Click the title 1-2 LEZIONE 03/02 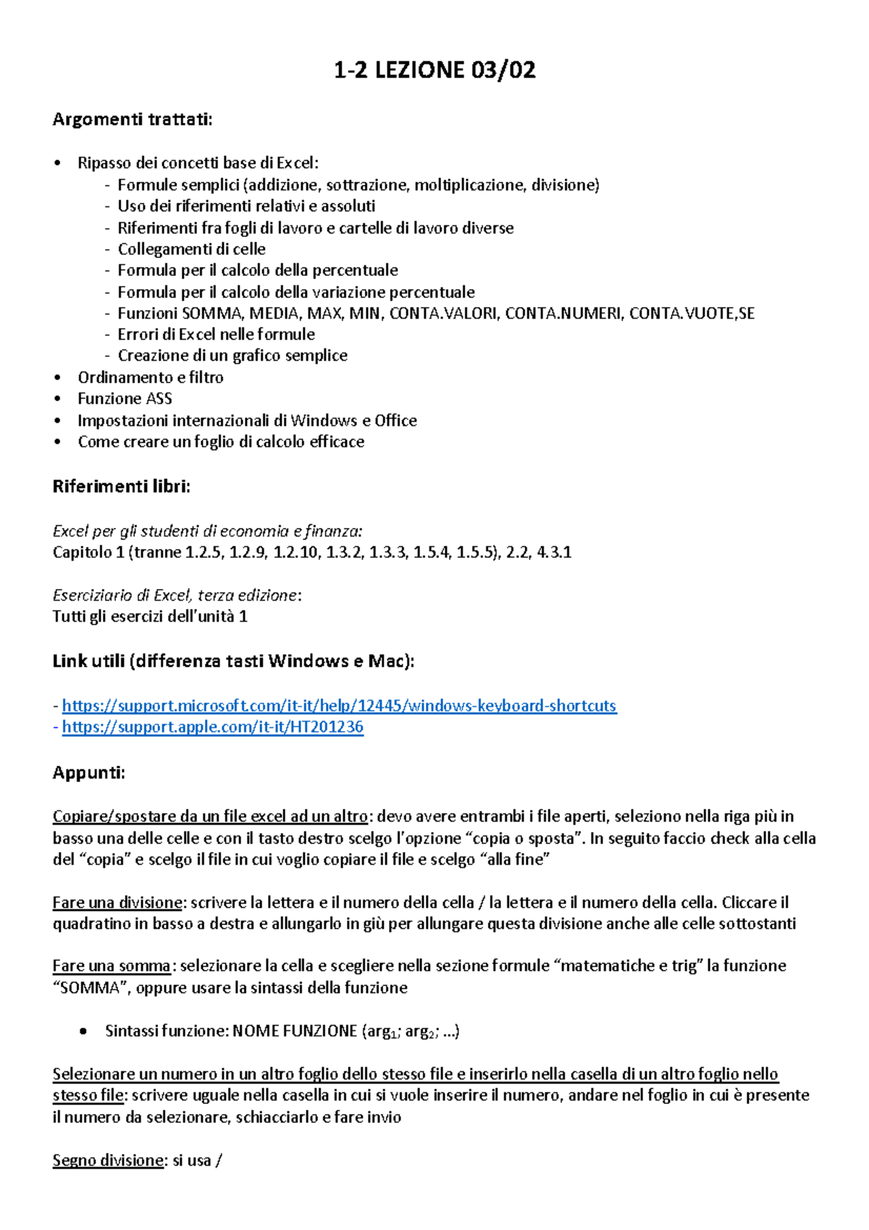click(434, 70)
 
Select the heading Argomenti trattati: click(133, 120)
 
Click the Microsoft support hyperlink click(339, 706)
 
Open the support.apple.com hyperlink click(213, 727)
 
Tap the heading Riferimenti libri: click(121, 487)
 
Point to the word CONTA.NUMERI click(563, 314)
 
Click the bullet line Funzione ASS click(125, 398)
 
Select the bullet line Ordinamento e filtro click(151, 377)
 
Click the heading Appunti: click(88, 773)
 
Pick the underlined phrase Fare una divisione click(117, 903)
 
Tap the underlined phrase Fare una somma click(112, 966)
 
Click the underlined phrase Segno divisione click(108, 1160)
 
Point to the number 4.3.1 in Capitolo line click(554, 553)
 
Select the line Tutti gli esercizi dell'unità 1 click(150, 616)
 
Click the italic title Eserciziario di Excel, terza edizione click(175, 595)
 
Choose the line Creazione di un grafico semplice click(232, 356)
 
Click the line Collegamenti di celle click(191, 249)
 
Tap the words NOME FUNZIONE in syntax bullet click(294, 1031)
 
